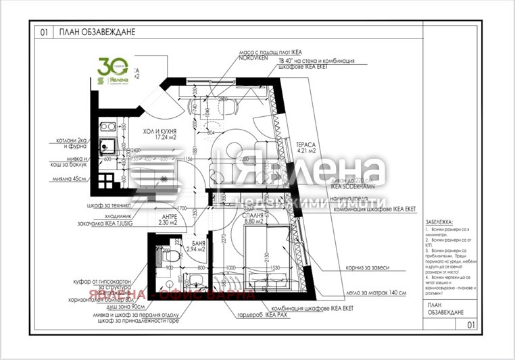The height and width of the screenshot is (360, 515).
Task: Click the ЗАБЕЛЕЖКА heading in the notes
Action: pos(439,222)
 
